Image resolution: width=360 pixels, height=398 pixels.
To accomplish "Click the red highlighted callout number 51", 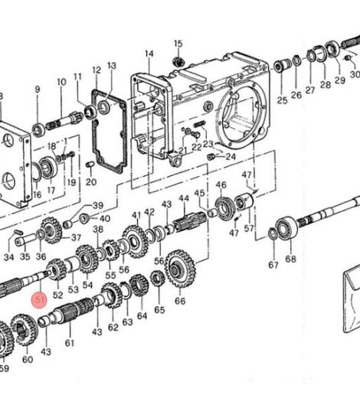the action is click(39, 300).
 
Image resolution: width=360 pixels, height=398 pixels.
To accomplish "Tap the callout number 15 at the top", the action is click(178, 44).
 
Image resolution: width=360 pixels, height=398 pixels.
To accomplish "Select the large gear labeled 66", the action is click(181, 269).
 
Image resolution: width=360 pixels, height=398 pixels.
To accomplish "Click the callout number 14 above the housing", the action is click(149, 54).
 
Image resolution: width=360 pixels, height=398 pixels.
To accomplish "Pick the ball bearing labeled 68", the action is click(287, 228).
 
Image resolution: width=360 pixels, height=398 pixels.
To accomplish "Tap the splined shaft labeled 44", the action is click(190, 221).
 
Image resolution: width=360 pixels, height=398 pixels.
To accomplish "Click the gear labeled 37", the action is click(51, 230).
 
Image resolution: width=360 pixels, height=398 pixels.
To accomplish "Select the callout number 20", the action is click(91, 182).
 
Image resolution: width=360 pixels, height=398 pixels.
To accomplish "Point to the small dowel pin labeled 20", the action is click(90, 164).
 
